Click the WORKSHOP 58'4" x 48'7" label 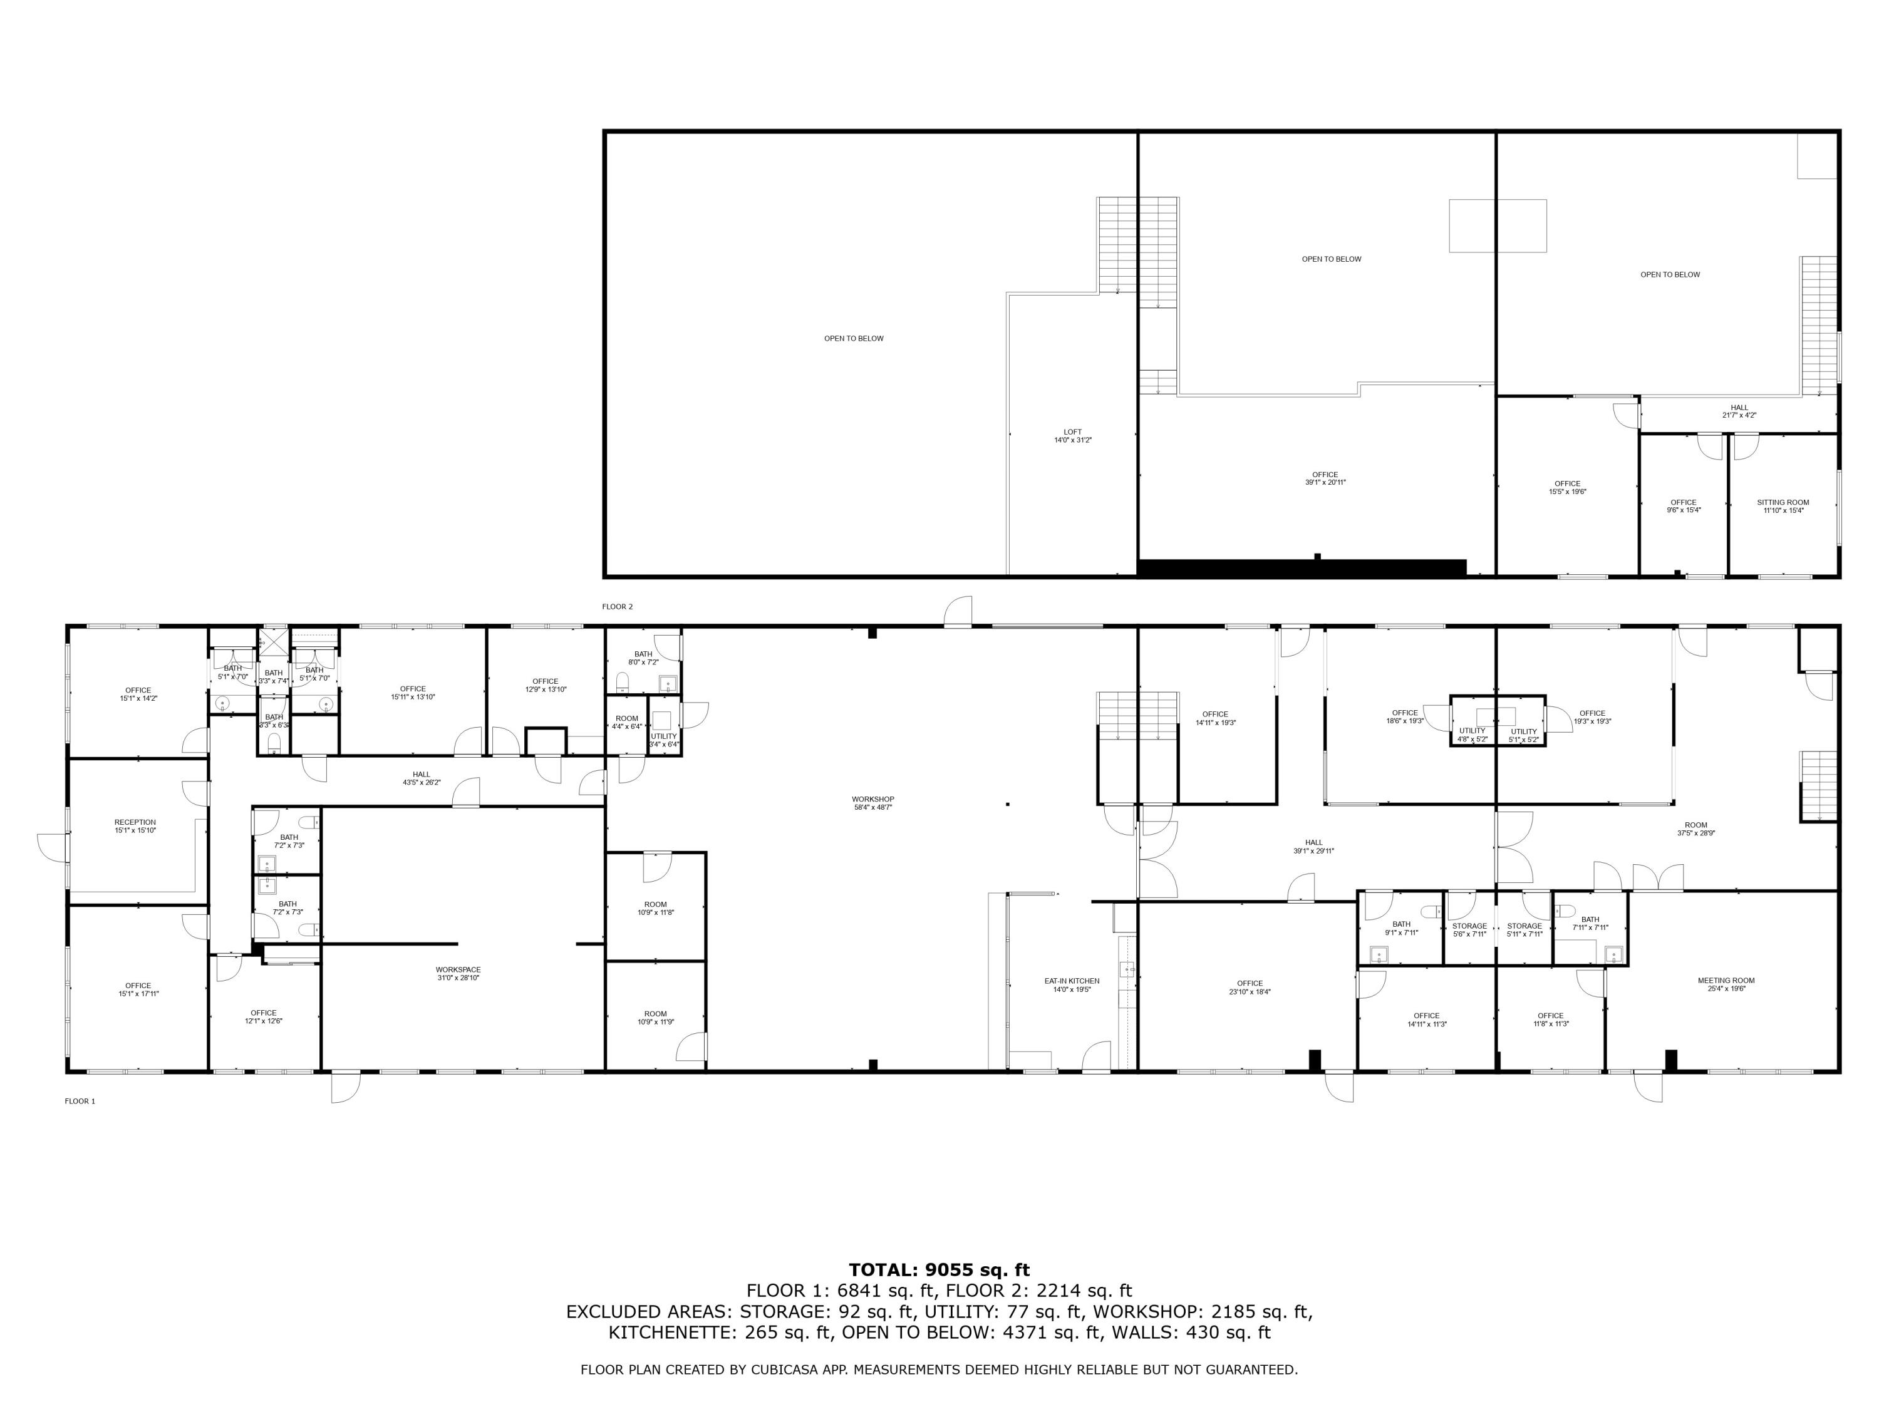872,803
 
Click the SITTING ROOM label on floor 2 1783,506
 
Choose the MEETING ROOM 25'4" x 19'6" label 1726,984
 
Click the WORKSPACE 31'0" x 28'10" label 458,973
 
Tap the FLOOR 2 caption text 618,606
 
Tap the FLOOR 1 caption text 80,1102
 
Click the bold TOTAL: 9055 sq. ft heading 939,1270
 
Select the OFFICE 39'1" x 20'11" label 1325,478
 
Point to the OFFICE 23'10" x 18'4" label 1250,988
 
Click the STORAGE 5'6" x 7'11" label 1469,930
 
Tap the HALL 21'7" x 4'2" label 1739,411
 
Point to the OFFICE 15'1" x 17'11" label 138,989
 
